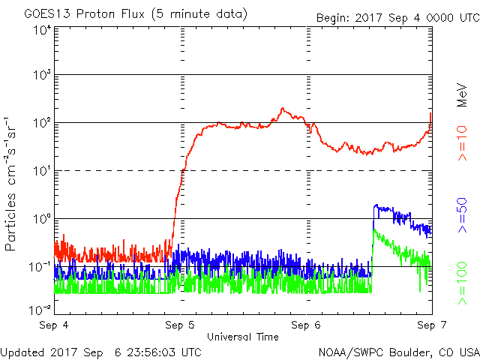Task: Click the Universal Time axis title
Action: pyautogui.click(x=243, y=337)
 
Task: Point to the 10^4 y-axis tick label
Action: pyautogui.click(x=41, y=30)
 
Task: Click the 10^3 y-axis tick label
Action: pyautogui.click(x=41, y=75)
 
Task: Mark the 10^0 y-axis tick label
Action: pyautogui.click(x=41, y=218)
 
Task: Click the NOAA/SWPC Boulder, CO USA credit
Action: pyautogui.click(x=397, y=351)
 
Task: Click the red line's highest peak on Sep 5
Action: pyautogui.click(x=283, y=109)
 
